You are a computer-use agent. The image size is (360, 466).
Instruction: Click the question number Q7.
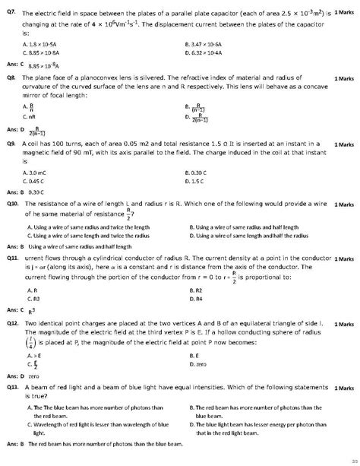[x=11, y=14]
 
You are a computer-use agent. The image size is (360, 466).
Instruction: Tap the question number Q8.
[x=11, y=78]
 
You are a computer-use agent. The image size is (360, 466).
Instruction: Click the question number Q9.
[x=11, y=144]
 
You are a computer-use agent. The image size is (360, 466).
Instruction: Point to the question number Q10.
[x=11, y=205]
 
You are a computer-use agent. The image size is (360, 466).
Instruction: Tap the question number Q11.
[x=11, y=258]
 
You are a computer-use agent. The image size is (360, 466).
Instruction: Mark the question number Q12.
[x=11, y=323]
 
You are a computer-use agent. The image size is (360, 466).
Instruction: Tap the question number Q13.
[x=11, y=388]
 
